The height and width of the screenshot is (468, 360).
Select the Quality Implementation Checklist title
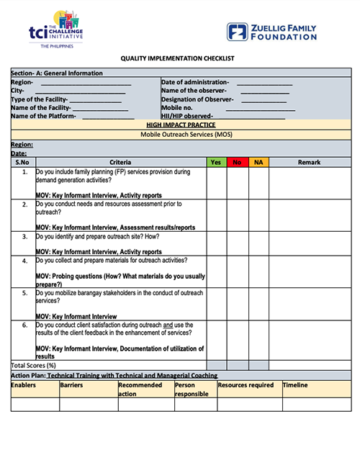tap(180, 58)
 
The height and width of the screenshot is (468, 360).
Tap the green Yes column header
tap(215, 163)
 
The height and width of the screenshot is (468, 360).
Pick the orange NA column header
tap(258, 163)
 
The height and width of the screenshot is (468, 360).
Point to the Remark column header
tap(309, 163)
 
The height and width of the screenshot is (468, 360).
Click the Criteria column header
tap(120, 163)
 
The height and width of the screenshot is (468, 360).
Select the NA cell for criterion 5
tap(259, 305)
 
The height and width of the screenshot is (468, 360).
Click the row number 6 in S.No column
tap(24, 325)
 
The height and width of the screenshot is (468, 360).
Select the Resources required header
tap(246, 385)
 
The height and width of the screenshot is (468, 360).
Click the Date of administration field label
tap(195, 82)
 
